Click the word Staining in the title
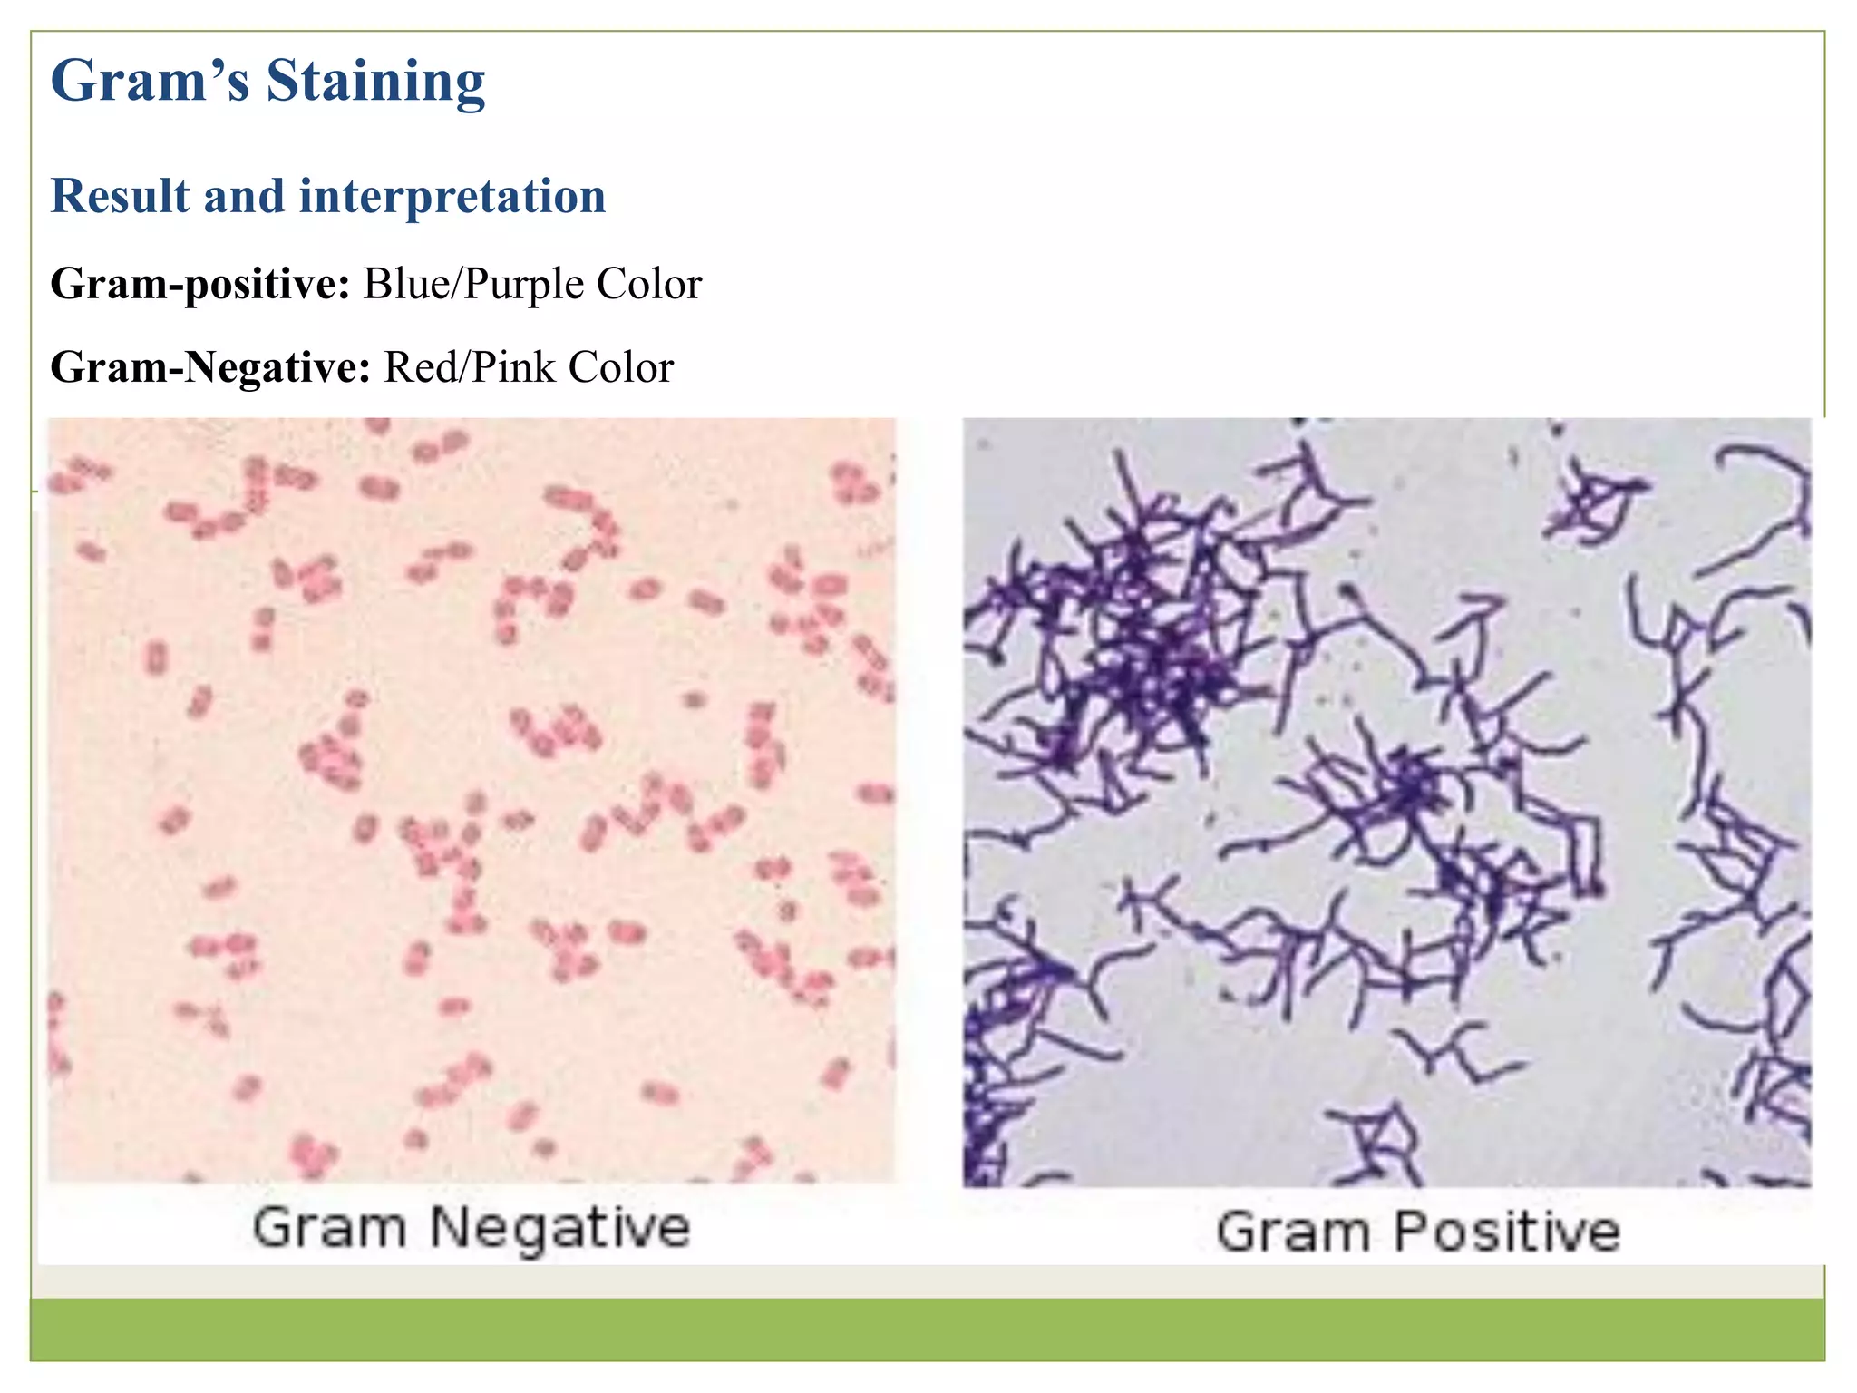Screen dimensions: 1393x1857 (375, 82)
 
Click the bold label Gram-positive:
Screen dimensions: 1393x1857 (200, 284)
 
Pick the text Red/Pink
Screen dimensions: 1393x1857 (470, 367)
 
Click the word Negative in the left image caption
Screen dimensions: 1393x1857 (559, 1229)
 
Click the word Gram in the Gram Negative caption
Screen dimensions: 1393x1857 (329, 1229)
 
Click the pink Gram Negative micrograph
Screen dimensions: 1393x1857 (472, 798)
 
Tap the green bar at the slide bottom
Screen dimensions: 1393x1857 (927, 1329)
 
